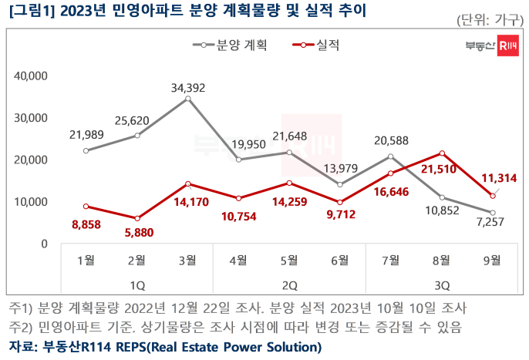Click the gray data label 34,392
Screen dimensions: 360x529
coord(187,88)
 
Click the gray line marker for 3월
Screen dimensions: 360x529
coord(187,99)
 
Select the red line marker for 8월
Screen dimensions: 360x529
coord(442,153)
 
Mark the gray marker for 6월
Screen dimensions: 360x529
coord(340,185)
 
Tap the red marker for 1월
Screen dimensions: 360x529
coord(86,207)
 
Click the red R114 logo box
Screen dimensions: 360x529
coord(508,45)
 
